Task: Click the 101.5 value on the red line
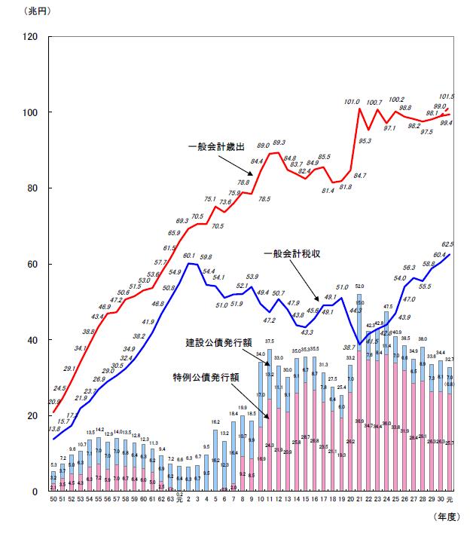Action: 447,96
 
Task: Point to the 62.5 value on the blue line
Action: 447,244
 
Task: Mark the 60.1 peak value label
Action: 189,256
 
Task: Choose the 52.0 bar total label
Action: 359,286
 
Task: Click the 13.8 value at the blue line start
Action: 54,428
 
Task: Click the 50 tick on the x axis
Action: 53,500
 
